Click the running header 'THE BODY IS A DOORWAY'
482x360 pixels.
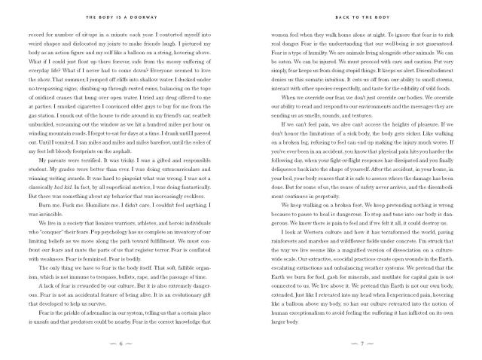122,16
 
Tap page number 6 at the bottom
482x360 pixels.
122,343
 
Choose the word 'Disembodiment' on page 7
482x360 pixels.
432,69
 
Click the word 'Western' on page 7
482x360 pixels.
306,252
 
